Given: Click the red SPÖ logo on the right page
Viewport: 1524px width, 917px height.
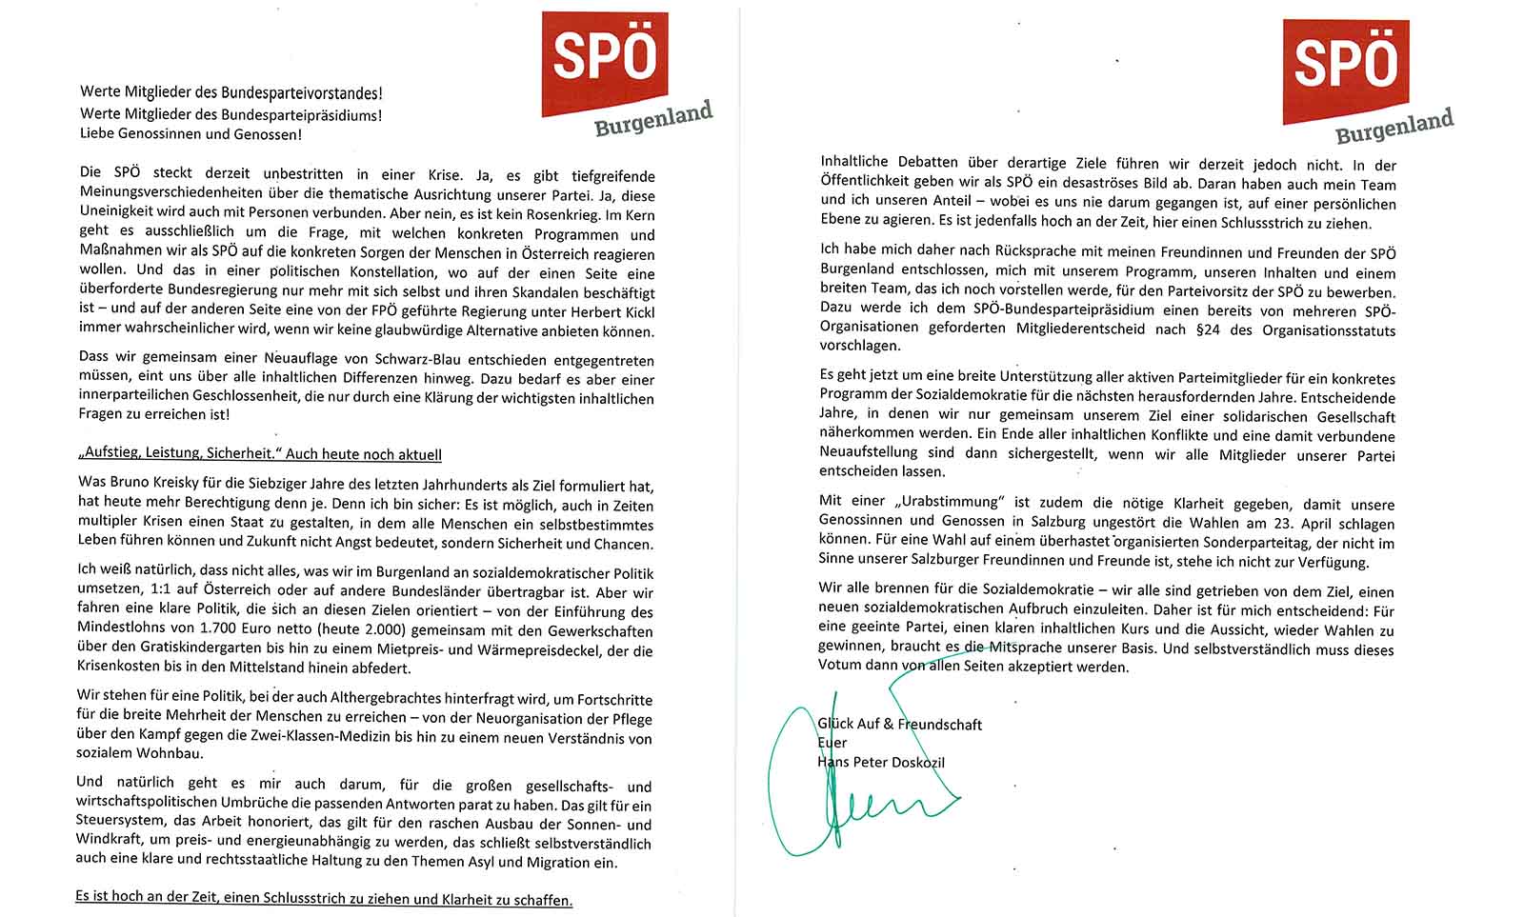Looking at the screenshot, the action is click(1345, 67).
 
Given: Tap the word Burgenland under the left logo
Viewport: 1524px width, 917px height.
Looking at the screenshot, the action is click(653, 120).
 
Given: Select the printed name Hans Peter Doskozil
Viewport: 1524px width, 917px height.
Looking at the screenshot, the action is click(881, 762).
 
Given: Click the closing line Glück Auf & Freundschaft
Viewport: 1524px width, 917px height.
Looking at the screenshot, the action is click(899, 725).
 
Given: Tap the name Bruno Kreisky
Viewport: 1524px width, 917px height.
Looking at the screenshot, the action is click(151, 483).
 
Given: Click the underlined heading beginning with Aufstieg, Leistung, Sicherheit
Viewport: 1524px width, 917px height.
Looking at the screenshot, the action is click(259, 454).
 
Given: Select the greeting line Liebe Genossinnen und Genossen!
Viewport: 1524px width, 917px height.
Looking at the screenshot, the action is click(190, 134).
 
